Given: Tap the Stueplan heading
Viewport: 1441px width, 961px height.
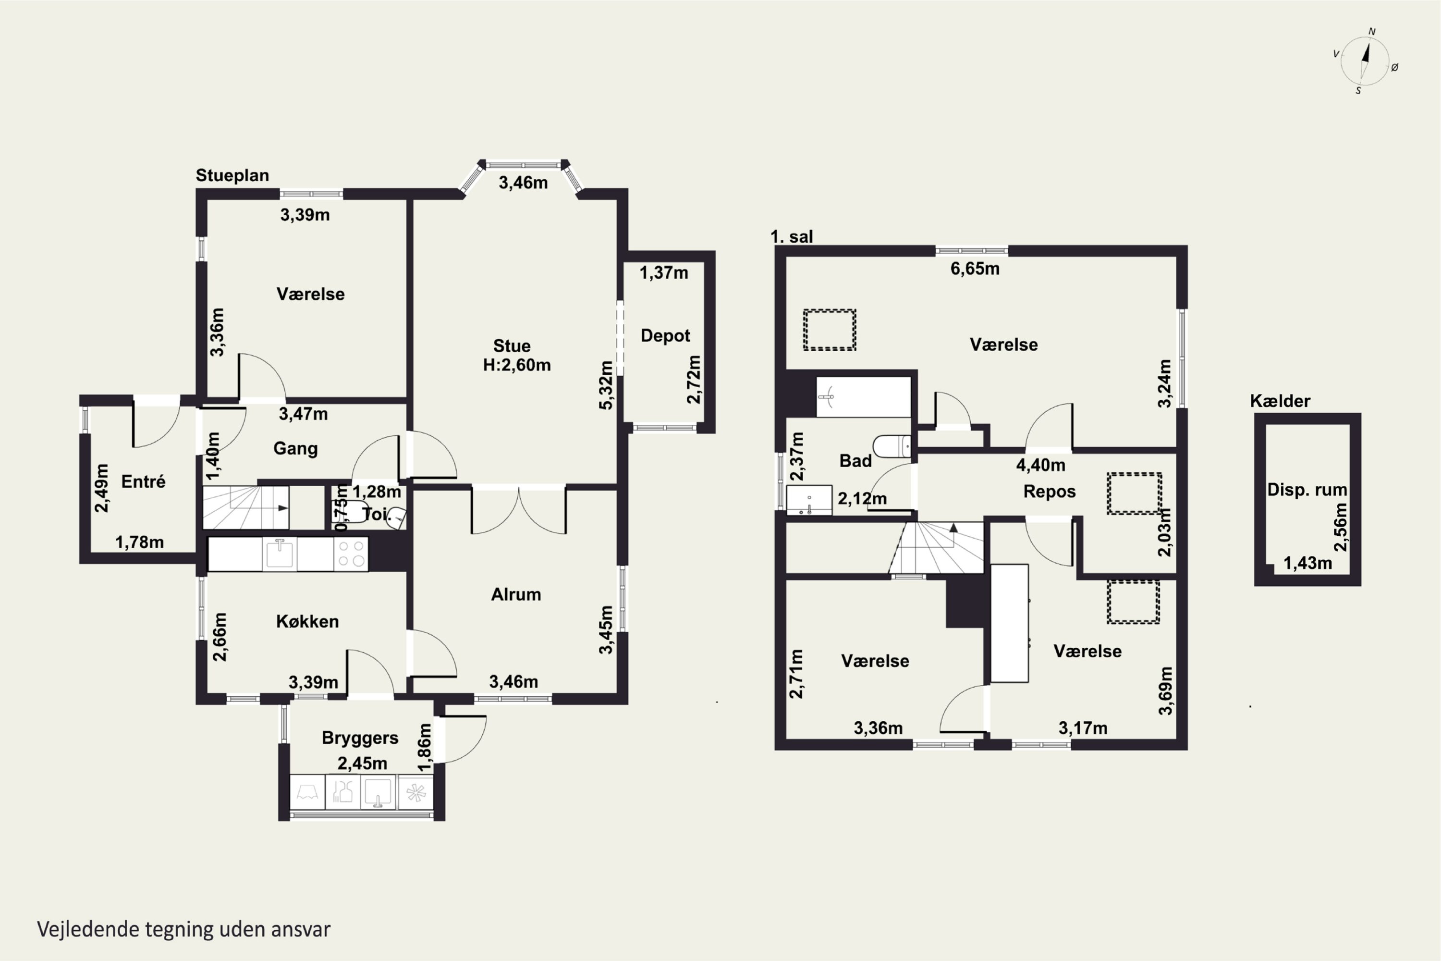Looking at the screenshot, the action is click(232, 175).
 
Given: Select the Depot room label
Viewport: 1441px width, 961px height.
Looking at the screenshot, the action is click(665, 336).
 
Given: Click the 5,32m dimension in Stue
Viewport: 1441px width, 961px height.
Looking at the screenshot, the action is click(605, 385).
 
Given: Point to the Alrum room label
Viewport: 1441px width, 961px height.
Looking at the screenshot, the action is click(516, 594).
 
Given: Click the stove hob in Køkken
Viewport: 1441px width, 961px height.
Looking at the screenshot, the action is click(351, 554).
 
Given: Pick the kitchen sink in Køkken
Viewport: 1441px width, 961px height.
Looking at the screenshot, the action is click(280, 554).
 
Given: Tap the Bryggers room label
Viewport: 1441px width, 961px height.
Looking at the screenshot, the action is click(360, 738).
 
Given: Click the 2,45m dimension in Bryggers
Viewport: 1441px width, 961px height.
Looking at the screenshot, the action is click(362, 764).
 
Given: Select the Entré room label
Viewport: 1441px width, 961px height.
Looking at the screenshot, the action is click(143, 482).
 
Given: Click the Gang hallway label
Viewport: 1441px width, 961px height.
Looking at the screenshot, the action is click(295, 449).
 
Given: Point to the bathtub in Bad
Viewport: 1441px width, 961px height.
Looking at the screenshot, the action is click(863, 397).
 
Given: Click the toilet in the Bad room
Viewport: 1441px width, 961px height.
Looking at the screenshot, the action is click(892, 446).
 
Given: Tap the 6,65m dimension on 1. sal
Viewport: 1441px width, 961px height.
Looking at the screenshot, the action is click(975, 269).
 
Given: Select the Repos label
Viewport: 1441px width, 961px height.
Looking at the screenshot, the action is click(1050, 492).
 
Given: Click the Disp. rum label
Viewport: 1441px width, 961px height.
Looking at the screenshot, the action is click(1307, 490).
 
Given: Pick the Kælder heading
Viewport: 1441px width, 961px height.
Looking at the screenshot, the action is click(1280, 401).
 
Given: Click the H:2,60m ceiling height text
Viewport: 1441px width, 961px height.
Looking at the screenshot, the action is click(516, 365).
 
